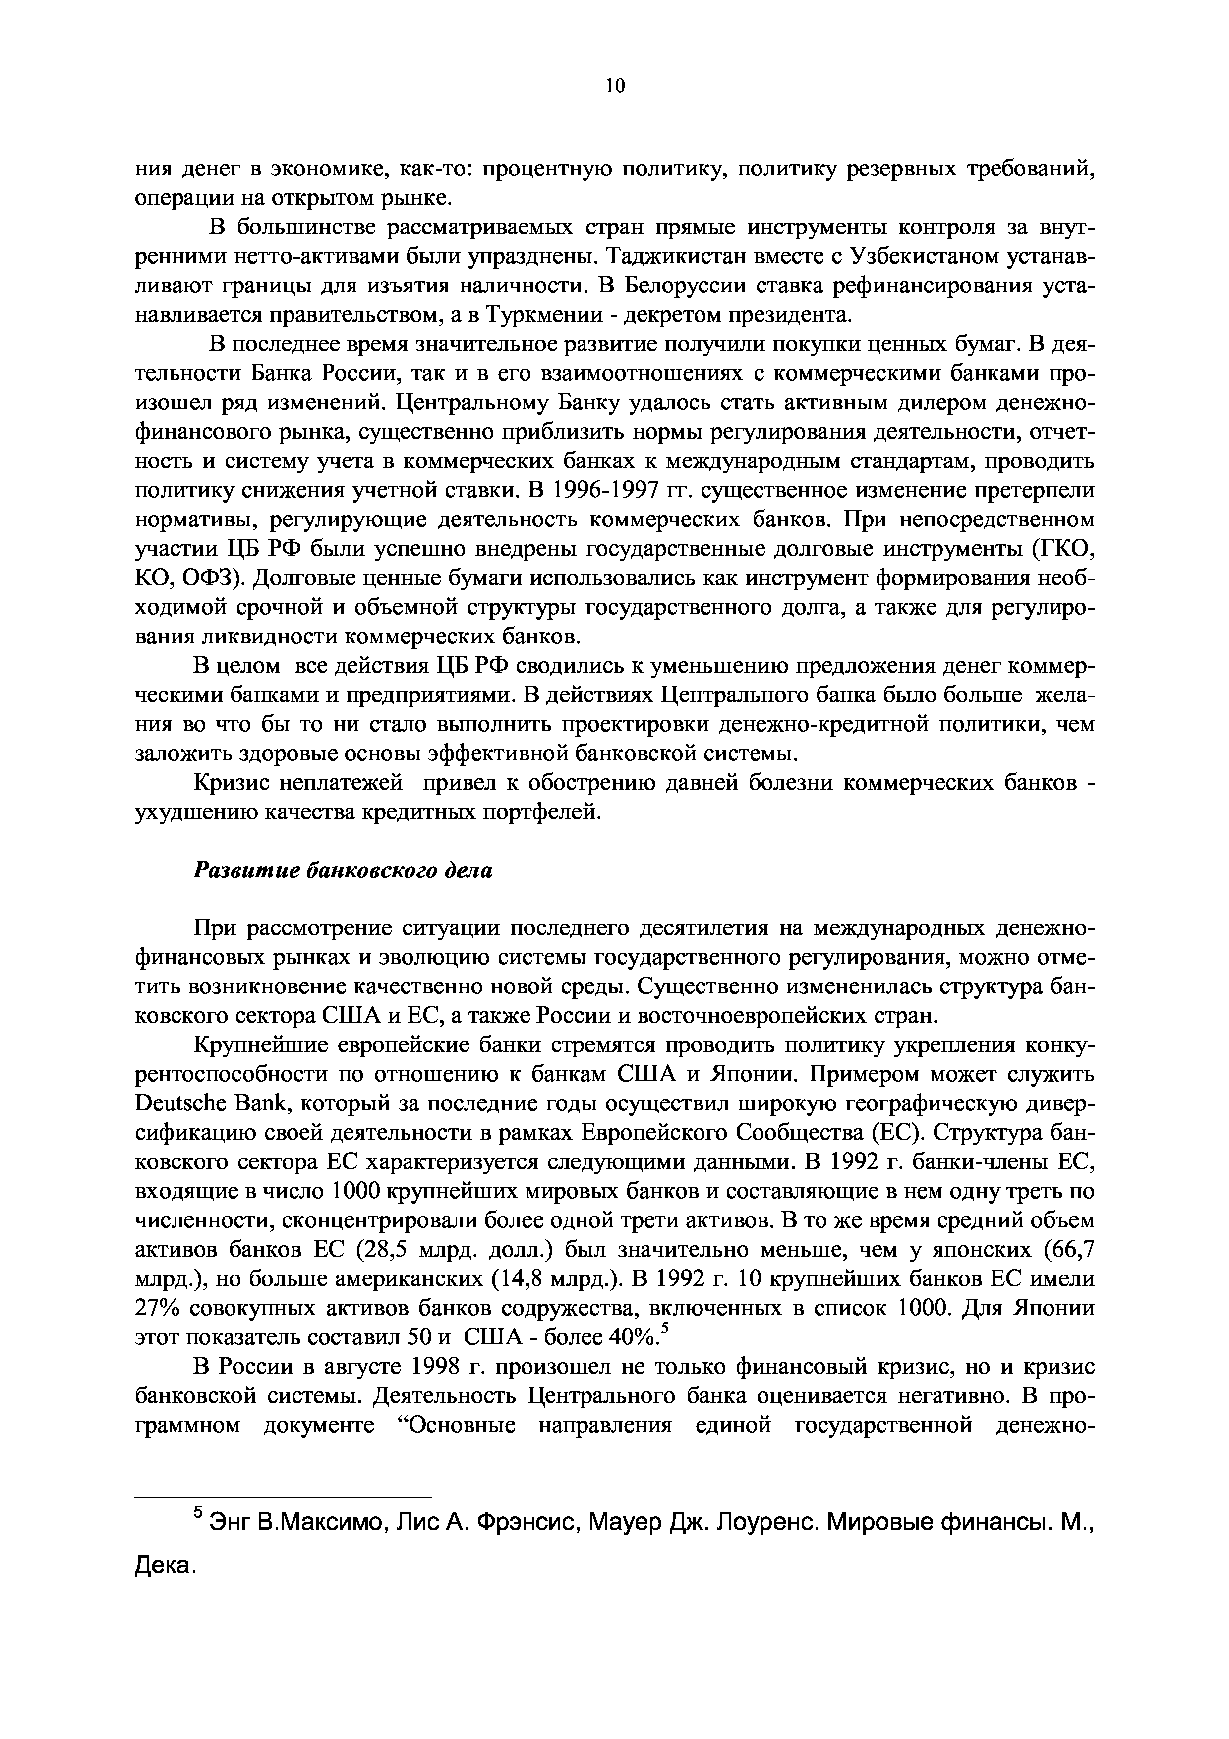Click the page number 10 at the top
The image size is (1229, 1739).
pyautogui.click(x=615, y=86)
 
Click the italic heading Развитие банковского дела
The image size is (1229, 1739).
pyautogui.click(x=343, y=870)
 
